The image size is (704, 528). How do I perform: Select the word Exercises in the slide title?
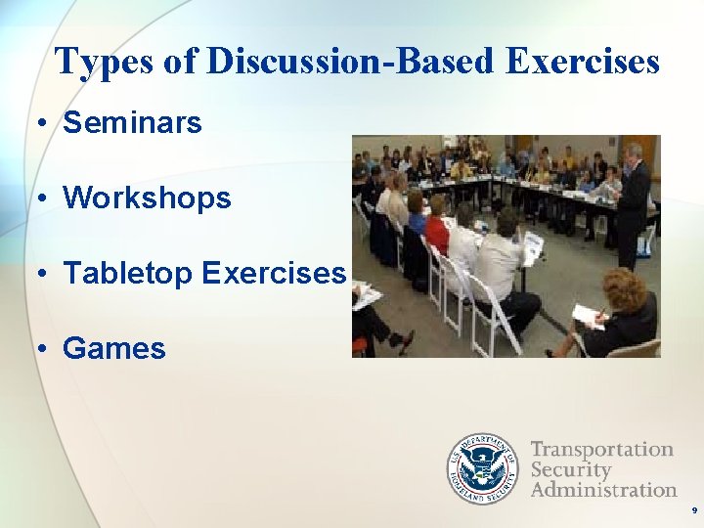click(583, 62)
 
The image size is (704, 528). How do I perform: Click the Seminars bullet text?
click(132, 123)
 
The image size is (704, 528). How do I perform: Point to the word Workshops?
click(147, 198)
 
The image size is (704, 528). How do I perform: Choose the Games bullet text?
click(114, 349)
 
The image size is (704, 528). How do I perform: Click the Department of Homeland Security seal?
click(483, 468)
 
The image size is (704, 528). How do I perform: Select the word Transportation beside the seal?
click(602, 450)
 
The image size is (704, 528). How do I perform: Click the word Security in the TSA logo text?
click(571, 469)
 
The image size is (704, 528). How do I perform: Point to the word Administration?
click(603, 489)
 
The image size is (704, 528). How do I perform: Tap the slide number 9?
click(694, 510)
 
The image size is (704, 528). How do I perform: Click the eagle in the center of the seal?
click(483, 468)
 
